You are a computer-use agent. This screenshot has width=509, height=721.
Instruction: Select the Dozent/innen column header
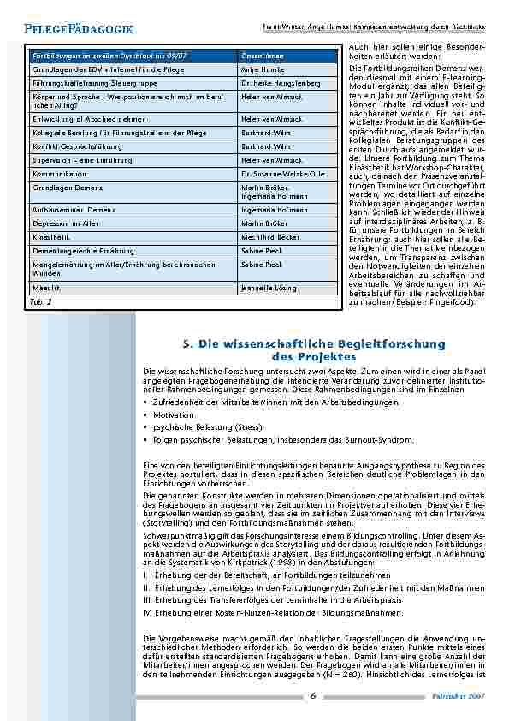click(261, 56)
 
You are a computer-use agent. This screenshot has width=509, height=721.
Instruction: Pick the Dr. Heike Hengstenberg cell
click(280, 83)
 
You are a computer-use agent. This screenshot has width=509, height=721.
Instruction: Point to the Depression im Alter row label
click(68, 243)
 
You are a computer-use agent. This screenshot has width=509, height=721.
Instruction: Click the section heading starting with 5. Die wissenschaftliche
click(314, 349)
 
